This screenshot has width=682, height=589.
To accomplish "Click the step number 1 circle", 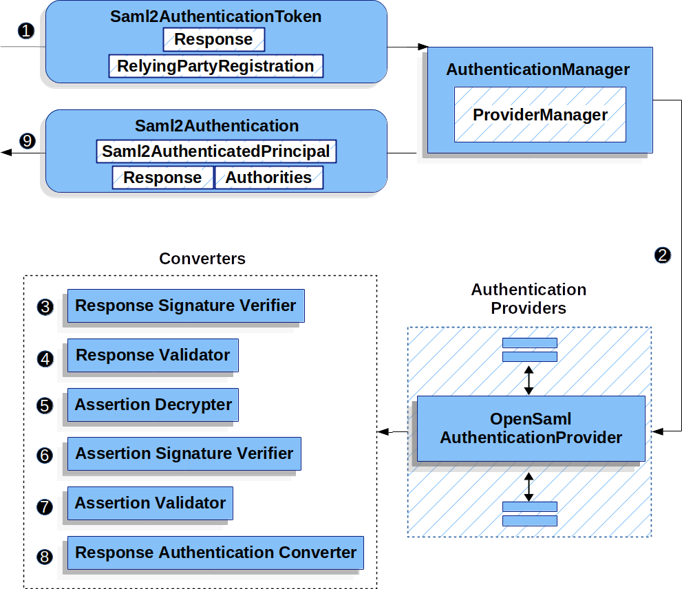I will (26, 31).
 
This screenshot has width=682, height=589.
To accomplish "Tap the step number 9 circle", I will (26, 141).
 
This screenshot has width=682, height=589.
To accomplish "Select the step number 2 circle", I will (662, 255).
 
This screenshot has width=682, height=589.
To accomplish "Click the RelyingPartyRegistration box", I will (215, 66).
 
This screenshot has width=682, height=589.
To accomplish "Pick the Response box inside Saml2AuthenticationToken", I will (213, 39).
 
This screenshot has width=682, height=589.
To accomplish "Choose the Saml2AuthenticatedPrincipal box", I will (216, 151).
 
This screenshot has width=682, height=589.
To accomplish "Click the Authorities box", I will (268, 178).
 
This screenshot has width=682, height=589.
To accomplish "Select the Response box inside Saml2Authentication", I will (162, 178).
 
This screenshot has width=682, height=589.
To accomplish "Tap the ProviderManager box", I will (540, 114).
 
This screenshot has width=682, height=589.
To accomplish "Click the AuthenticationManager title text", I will (537, 69).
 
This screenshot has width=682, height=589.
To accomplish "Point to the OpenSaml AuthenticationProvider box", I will (531, 428).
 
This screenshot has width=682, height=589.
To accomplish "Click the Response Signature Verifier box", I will (185, 306).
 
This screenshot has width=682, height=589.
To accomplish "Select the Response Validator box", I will (153, 355).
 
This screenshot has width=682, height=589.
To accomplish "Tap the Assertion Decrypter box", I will (153, 405).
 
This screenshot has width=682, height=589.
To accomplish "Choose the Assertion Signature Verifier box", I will (184, 454).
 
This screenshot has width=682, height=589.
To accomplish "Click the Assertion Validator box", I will (150, 503).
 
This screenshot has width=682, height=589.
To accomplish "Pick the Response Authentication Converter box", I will (215, 553).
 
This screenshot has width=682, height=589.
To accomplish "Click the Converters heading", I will (202, 259).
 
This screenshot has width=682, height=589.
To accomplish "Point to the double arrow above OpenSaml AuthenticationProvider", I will (529, 380).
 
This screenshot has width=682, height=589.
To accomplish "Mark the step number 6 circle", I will (45, 456).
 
